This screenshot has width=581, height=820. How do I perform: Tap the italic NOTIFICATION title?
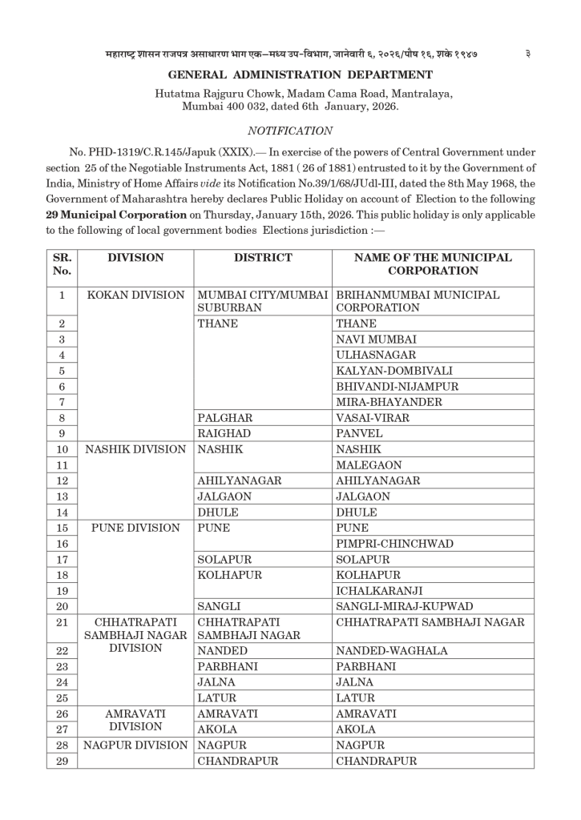290,130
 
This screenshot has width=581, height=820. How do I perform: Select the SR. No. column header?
62,265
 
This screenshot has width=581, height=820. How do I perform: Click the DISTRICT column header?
262,258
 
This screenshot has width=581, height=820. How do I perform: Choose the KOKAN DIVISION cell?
135,295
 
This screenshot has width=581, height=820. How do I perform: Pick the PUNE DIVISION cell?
135,529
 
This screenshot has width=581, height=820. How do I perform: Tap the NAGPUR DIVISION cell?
135,746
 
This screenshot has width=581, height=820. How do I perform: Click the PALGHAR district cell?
225,418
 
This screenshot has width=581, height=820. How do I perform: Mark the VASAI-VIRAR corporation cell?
373,418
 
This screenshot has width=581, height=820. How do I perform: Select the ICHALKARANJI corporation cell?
381,591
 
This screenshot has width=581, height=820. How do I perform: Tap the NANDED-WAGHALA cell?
392,651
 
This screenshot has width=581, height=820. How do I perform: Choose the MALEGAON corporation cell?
369,465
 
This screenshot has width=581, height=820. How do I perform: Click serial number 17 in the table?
62,560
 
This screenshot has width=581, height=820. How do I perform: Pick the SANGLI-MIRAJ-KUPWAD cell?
405,607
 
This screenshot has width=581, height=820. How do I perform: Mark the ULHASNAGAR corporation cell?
376,355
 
